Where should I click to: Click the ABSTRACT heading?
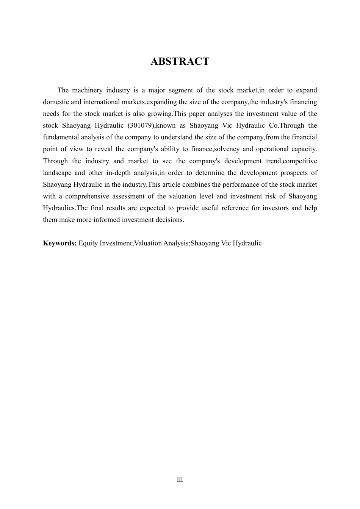coord(180,61)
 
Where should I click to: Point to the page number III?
coord(180,480)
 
